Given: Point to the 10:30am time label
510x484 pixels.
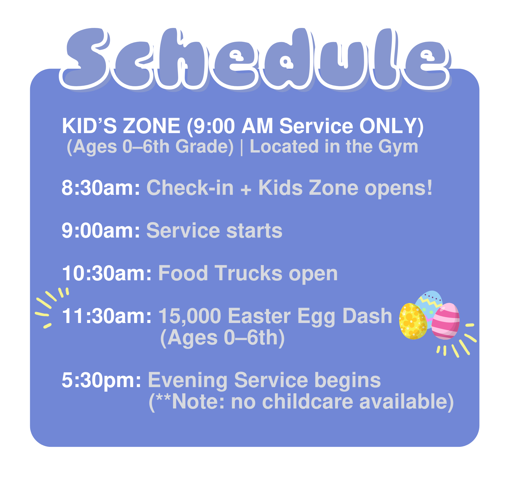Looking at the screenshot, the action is (107, 273).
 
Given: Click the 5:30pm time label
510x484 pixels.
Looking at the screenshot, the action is (101, 380).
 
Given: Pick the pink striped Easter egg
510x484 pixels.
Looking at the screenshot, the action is (446, 321).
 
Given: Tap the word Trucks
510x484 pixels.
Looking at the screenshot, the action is (249, 273).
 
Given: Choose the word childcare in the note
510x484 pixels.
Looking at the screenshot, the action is (308, 402).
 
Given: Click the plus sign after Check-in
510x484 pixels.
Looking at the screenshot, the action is (246, 190).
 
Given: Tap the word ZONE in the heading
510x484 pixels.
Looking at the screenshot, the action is (152, 126).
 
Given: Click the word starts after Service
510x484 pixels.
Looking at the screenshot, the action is (254, 231).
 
